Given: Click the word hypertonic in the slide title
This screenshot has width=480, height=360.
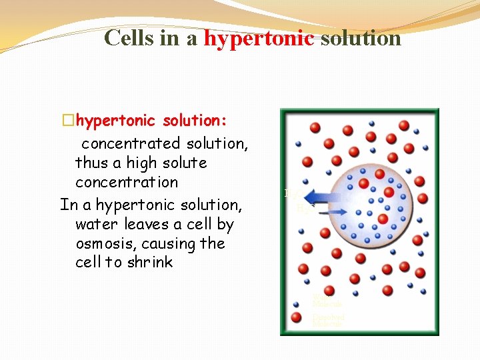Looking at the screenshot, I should tap(259, 38).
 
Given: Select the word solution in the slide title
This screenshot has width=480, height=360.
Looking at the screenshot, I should tap(361, 38).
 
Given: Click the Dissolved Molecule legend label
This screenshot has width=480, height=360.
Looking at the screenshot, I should tap(328, 320).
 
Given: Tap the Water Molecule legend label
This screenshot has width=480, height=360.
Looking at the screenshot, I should tap(327, 301).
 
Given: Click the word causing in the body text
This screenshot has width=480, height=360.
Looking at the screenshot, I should tap(166, 244).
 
